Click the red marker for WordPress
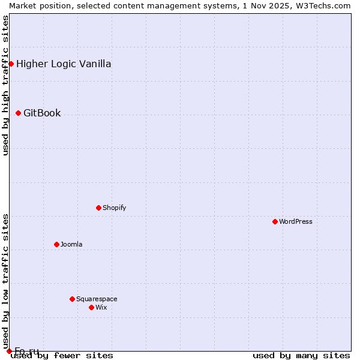tap(275, 221)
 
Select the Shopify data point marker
tap(98, 208)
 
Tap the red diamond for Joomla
tap(56, 244)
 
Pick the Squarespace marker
tap(72, 299)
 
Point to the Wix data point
tap(91, 307)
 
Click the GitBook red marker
tap(18, 113)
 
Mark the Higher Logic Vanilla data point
tap(11, 64)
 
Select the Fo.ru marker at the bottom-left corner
tap(9, 351)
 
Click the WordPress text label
tap(296, 221)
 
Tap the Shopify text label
tap(115, 208)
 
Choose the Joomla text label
tap(71, 244)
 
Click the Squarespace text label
tap(97, 299)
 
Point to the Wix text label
tap(101, 307)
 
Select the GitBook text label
tap(42, 113)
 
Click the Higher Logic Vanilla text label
tap(64, 64)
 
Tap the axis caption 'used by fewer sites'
tap(62, 355)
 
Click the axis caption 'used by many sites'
tap(301, 355)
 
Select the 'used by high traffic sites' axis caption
tap(5, 85)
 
